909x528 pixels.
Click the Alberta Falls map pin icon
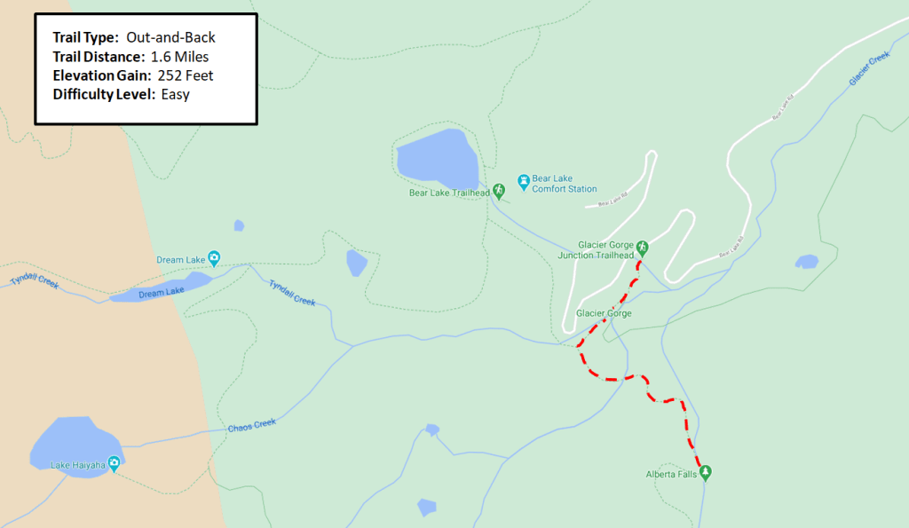pyautogui.click(x=706, y=472)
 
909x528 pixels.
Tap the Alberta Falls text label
pyautogui.click(x=672, y=475)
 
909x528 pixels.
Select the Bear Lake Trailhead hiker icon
pyautogui.click(x=499, y=191)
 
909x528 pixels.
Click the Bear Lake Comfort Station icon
pyautogui.click(x=524, y=182)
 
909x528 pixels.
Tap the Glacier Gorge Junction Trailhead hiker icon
pyautogui.click(x=643, y=248)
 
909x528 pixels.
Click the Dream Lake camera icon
pyautogui.click(x=214, y=259)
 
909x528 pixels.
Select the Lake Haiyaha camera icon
pyautogui.click(x=114, y=464)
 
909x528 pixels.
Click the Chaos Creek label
pyautogui.click(x=252, y=426)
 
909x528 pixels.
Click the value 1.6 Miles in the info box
pyautogui.click(x=179, y=57)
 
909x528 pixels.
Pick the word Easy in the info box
pyautogui.click(x=176, y=94)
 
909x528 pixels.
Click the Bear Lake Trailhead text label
pyautogui.click(x=449, y=193)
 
